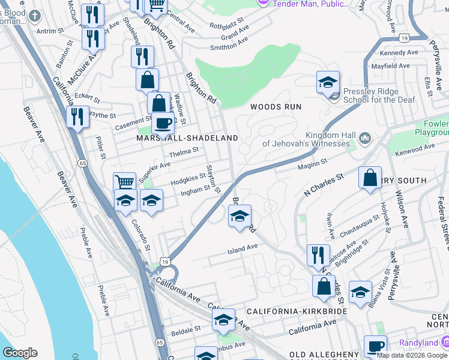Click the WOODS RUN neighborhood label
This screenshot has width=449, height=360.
pos(276,106)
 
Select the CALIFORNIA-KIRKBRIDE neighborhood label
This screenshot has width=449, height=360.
pos(297,313)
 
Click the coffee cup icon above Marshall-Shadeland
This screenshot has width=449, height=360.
pos(162,123)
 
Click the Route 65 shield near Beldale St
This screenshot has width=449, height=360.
pos(159,342)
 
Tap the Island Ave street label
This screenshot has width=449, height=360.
pos(243,247)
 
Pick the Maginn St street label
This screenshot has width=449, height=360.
pos(314,162)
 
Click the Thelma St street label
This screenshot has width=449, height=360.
pos(183,155)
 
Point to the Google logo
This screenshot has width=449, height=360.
pos(20,353)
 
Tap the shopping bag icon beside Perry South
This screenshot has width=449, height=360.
pos(370,178)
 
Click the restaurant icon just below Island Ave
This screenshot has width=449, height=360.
pos(318,255)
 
